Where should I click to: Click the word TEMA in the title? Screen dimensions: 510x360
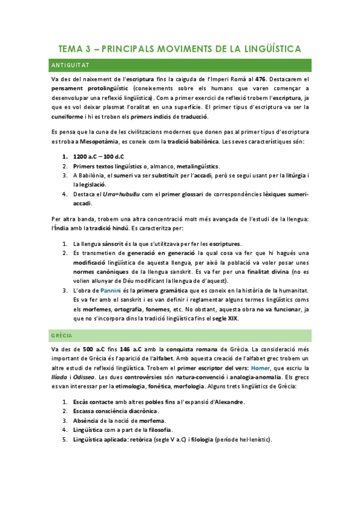72,48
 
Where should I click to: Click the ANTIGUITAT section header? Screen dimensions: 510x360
69,65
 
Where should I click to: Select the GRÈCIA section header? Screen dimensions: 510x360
61,336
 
